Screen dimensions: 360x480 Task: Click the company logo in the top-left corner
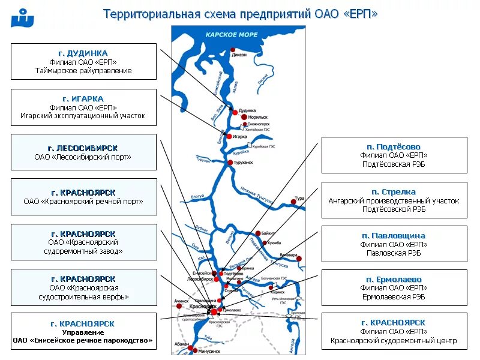(x=22, y=18)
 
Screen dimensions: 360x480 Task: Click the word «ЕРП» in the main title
(x=360, y=14)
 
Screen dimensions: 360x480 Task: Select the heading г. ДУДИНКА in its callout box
(x=83, y=53)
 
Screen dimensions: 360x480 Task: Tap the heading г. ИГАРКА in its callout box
(x=83, y=98)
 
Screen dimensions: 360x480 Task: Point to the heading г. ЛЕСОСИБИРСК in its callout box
(x=83, y=148)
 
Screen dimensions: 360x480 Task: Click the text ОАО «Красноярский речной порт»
(x=83, y=202)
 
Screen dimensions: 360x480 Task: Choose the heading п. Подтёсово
(x=394, y=147)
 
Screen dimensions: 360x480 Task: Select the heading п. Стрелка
(x=394, y=192)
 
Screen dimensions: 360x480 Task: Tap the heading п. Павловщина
(x=394, y=236)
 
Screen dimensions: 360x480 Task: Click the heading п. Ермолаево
(x=394, y=280)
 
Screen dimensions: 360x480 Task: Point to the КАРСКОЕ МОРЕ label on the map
(x=232, y=35)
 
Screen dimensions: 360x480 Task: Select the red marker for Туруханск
(x=230, y=163)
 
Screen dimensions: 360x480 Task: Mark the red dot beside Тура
(x=293, y=202)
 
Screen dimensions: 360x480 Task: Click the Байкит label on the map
(x=268, y=232)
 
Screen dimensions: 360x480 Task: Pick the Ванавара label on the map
(x=287, y=255)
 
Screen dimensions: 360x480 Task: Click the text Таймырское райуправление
(x=83, y=71)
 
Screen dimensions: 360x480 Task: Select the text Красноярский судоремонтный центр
(x=394, y=341)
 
